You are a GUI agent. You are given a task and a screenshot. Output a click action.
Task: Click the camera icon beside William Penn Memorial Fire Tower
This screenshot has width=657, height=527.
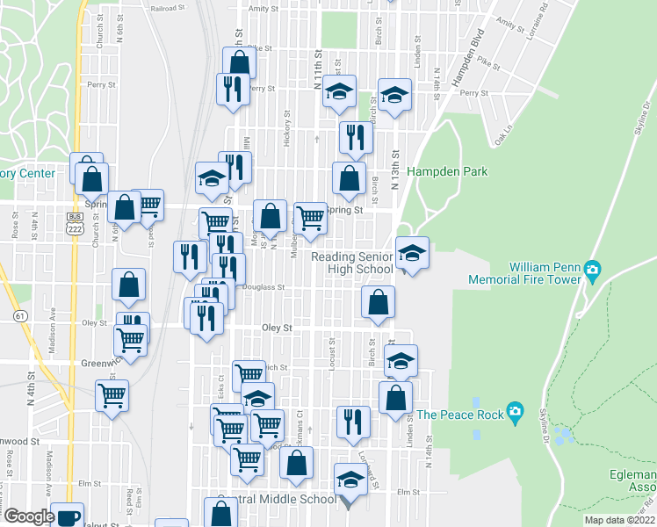593,269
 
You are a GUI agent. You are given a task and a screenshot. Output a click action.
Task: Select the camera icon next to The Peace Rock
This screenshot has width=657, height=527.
514,412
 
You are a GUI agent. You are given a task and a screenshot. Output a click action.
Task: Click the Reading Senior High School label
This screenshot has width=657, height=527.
354,263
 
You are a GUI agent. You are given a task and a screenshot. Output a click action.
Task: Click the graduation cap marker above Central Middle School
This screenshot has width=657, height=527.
350,482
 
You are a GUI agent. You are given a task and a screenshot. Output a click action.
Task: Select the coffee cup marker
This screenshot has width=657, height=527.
68,517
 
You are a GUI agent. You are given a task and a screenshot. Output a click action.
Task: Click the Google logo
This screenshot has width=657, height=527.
28,516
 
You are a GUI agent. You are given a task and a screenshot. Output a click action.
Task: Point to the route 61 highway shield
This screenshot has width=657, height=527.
18,314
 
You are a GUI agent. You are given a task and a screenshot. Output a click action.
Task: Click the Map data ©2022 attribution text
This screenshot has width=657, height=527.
620,519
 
